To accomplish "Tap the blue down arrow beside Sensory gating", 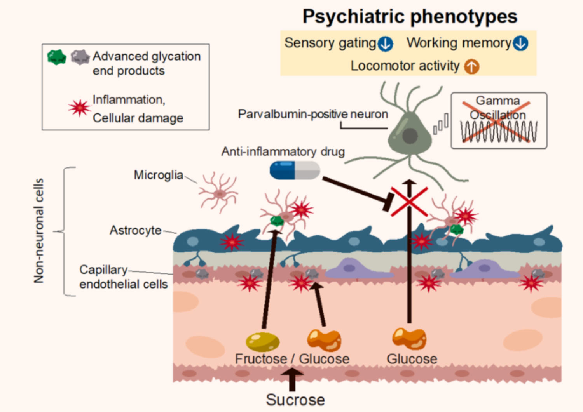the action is click(386, 44).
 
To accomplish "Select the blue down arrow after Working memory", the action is click(520, 43).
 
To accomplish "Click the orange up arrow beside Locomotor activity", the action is click(471, 66).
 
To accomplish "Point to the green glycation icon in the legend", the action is click(57, 57).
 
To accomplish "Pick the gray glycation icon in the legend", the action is click(80, 57).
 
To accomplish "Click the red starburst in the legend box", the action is click(80, 108).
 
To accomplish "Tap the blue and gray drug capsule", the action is click(295, 170).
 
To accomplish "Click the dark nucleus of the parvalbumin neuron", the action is click(410, 136).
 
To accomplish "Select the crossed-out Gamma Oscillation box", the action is click(499, 121).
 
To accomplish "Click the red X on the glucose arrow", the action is click(409, 202).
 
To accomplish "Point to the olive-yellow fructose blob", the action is click(263, 342).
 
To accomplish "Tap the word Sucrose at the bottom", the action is click(295, 400).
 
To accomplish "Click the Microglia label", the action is click(159, 175).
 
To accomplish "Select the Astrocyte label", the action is click(136, 230).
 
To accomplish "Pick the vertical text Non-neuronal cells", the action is click(39, 230).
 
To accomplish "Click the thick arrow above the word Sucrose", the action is click(292, 380).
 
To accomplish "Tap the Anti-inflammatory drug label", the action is click(283, 151).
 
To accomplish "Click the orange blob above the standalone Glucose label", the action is click(409, 339).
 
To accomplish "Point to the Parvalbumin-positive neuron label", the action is click(313, 114).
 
